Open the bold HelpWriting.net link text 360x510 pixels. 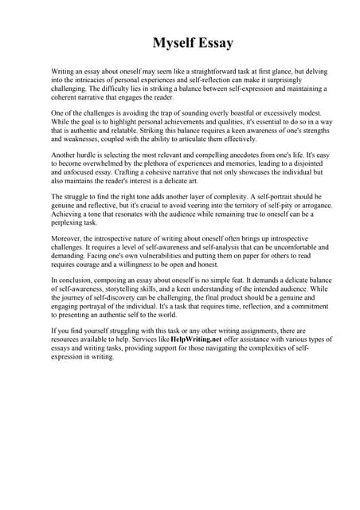tap(197, 340)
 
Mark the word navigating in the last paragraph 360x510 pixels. tap(231, 348)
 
